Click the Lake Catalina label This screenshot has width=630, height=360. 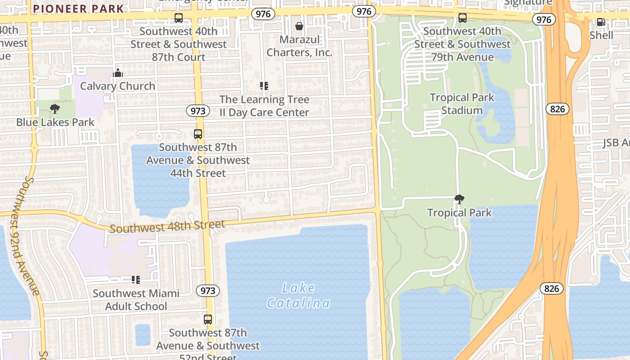pos(298,296)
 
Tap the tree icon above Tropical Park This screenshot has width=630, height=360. pos(459,199)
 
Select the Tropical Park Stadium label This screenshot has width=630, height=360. pos(462,104)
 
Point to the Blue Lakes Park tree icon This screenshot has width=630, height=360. pos(55,109)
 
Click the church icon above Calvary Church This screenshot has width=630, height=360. pos(118,73)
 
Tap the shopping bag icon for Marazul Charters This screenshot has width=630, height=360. pos(299,26)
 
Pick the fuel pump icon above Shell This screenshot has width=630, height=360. pos(601,22)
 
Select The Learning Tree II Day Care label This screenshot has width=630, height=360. pos(264,106)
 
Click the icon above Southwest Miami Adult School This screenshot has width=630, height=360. pos(136,280)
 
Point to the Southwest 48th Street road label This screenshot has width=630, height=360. pos(167,226)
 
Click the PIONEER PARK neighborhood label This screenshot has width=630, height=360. pos(78,9)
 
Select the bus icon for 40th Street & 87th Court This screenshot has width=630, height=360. pos(179,18)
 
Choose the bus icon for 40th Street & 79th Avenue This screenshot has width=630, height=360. pos(462,18)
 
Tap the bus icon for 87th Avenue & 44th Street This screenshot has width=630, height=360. pos(198,134)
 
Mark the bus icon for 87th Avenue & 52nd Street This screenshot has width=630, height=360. pos(208,319)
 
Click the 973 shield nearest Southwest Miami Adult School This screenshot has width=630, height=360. pos(208,291)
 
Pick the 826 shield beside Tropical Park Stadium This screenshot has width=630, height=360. pos(558,109)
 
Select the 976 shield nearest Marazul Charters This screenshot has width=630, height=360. pos(263,14)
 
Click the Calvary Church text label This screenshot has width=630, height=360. pos(117,86)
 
